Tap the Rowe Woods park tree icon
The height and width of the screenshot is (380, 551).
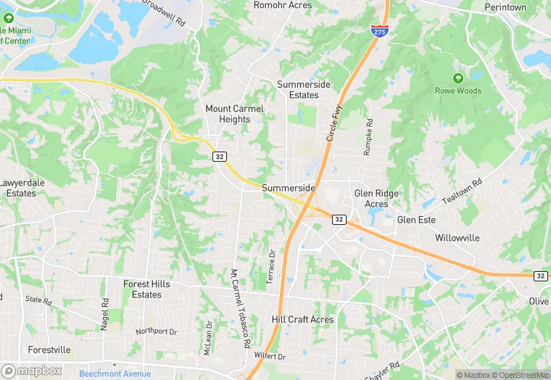pyautogui.click(x=457, y=78)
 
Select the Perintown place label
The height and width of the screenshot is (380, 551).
pyautogui.click(x=505, y=7)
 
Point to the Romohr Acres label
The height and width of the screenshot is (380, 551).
pyautogui.click(x=283, y=5)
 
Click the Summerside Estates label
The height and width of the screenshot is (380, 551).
pyautogui.click(x=304, y=89)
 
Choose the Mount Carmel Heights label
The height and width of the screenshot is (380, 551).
pyautogui.click(x=234, y=114)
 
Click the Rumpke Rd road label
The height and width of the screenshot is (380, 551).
pyautogui.click(x=368, y=138)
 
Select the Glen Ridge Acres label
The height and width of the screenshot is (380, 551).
pyautogui.click(x=376, y=199)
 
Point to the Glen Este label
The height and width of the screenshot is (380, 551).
pyautogui.click(x=416, y=220)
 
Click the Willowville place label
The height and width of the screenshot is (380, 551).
pyautogui.click(x=457, y=237)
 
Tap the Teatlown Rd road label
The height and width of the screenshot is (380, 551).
pyautogui.click(x=462, y=192)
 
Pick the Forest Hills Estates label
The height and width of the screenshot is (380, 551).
pyautogui.click(x=146, y=289)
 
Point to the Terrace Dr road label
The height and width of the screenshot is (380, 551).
pyautogui.click(x=272, y=267)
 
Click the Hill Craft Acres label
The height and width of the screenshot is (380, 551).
pyautogui.click(x=302, y=319)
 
